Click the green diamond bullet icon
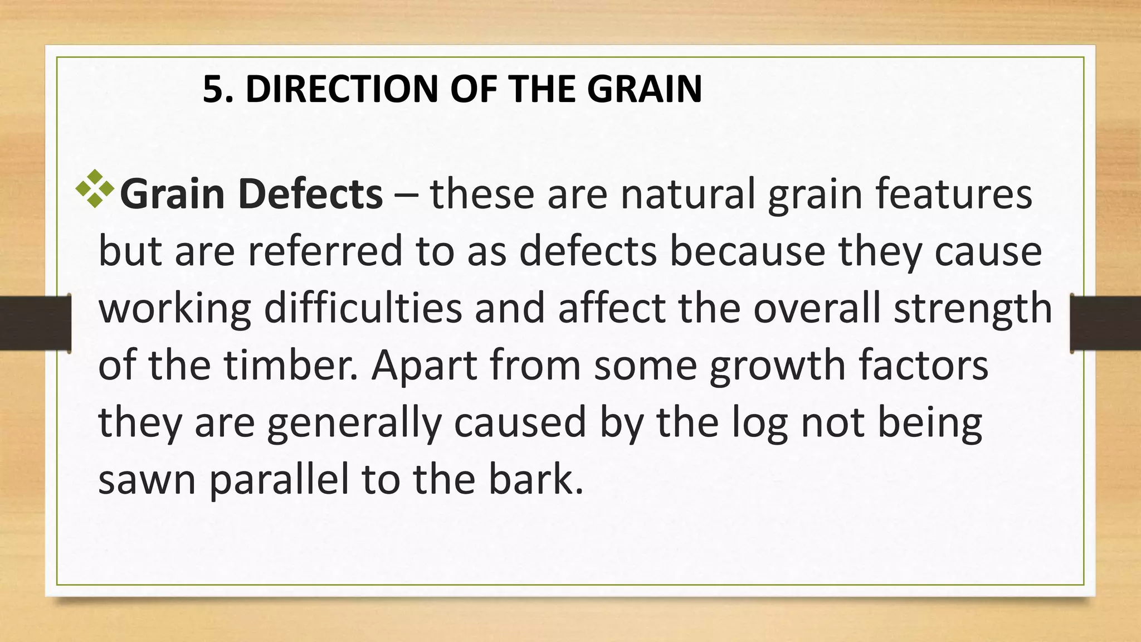[x=95, y=189]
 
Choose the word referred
[x=325, y=251]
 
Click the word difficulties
[x=363, y=309]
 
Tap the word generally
[x=354, y=424]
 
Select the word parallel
[x=279, y=480]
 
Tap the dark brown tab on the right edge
[x=1106, y=323]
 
